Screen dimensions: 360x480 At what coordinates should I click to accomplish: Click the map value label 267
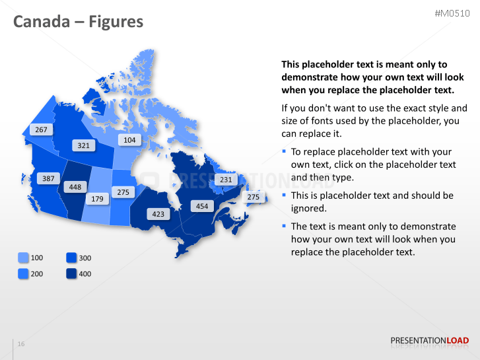[41, 129]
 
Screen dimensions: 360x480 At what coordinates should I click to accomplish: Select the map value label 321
[83, 145]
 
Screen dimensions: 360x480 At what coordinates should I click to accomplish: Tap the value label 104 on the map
[129, 140]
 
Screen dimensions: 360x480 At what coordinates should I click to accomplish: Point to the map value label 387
[48, 178]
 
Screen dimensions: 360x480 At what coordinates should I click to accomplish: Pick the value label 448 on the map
[75, 187]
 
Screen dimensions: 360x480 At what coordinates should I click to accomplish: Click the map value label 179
[97, 199]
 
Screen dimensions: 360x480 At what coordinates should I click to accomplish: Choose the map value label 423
[158, 214]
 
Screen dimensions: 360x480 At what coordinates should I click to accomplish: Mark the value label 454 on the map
[202, 206]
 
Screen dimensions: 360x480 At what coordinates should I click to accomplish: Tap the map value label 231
[226, 180]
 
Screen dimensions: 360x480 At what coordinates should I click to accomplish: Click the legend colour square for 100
[23, 258]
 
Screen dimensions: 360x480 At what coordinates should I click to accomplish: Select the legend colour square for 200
[23, 273]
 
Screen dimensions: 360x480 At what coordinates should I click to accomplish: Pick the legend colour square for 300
[71, 258]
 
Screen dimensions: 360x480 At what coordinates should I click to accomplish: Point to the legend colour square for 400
[71, 273]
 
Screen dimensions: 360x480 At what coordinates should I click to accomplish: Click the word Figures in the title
[118, 22]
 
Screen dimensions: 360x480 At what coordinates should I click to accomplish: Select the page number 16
[21, 344]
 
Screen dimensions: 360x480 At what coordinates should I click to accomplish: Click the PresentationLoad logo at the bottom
[429, 341]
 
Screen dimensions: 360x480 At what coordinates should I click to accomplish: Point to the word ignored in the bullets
[308, 208]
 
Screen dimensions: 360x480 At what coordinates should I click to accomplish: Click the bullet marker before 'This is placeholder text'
[285, 196]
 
